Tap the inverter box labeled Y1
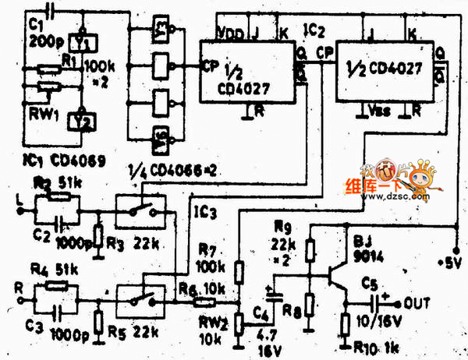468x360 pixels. [80, 41]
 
